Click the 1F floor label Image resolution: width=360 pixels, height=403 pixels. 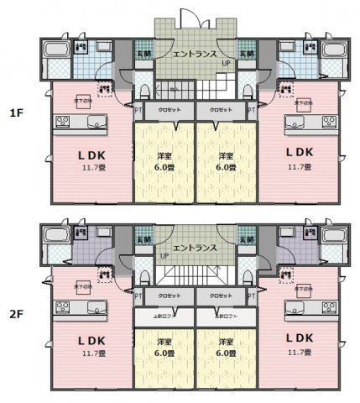click(x=15, y=112)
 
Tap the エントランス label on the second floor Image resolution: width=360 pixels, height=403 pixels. click(x=196, y=249)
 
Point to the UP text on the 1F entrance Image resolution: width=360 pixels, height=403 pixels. click(x=225, y=63)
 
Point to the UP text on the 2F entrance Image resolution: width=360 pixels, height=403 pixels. click(x=164, y=255)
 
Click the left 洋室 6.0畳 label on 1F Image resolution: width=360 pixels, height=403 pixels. click(x=164, y=161)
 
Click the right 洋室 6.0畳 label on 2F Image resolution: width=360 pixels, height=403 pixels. click(x=226, y=348)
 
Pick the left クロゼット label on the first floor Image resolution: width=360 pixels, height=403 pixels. click(x=164, y=110)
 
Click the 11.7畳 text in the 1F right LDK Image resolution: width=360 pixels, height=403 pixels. click(x=299, y=167)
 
